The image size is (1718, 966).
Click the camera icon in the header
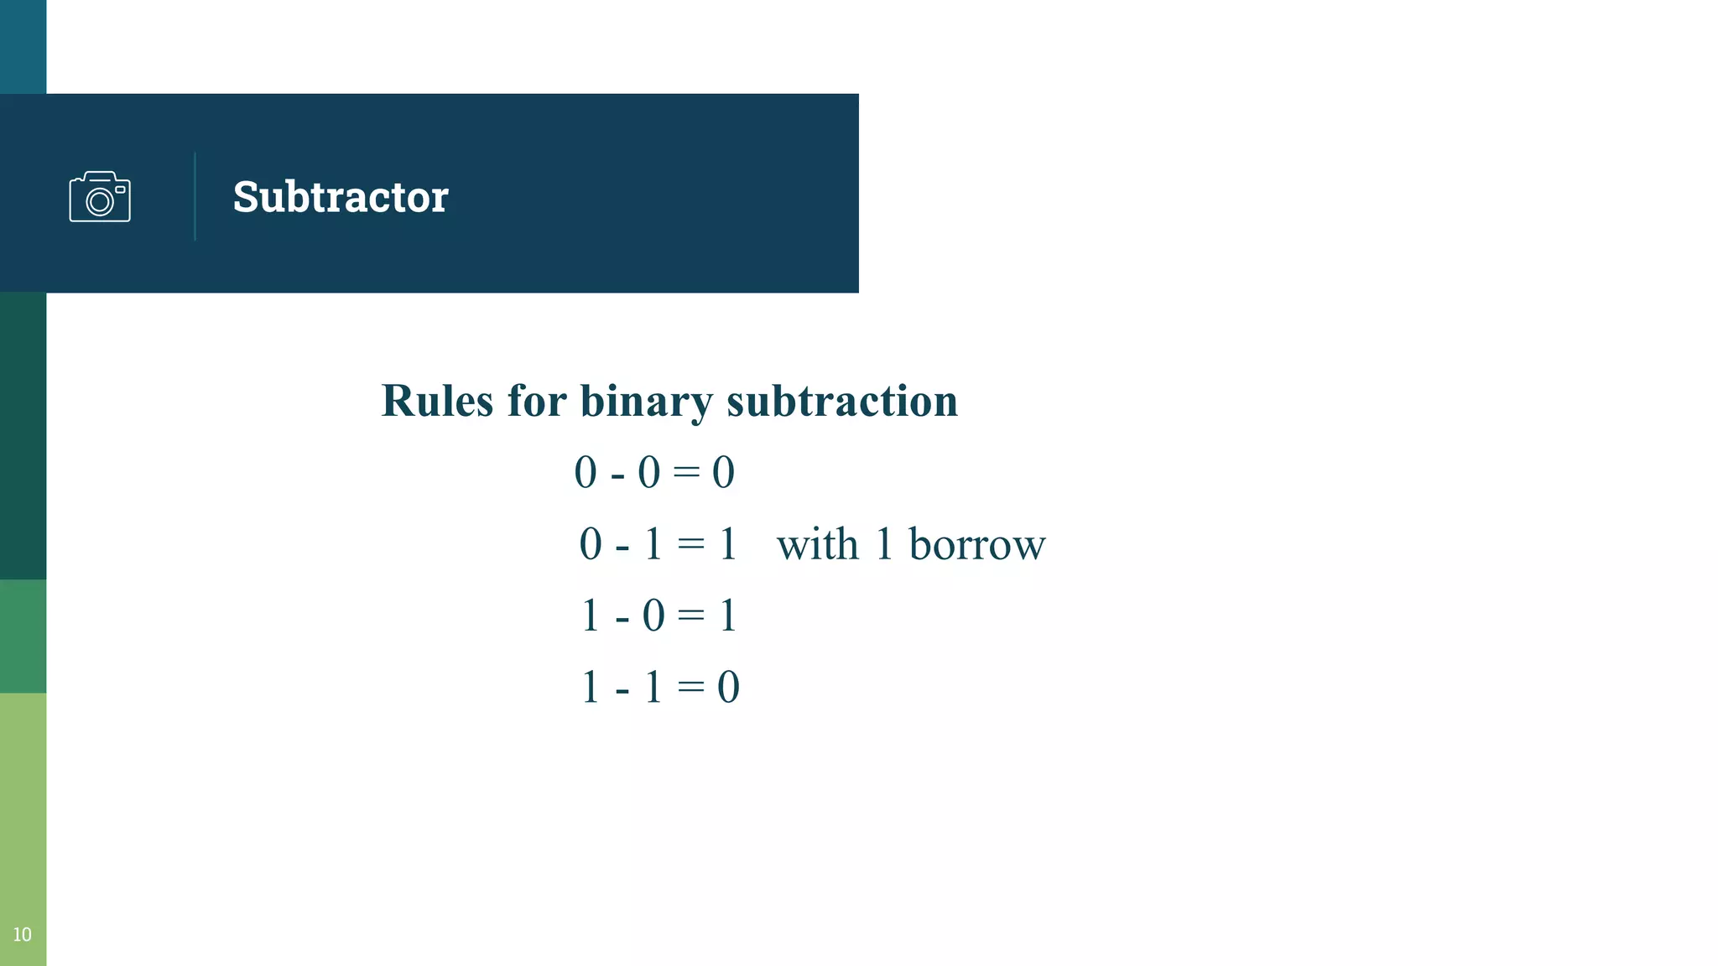click(x=100, y=197)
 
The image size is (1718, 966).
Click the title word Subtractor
click(x=341, y=197)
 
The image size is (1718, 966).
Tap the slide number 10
click(x=22, y=934)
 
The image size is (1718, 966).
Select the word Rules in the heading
click(x=437, y=401)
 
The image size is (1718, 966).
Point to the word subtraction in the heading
click(x=842, y=401)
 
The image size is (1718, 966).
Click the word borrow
click(x=977, y=544)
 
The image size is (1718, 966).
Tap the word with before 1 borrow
click(x=818, y=544)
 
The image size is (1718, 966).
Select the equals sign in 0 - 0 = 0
click(x=686, y=472)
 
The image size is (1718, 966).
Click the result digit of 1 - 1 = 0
click(x=728, y=688)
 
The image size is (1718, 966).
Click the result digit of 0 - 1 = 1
click(x=727, y=544)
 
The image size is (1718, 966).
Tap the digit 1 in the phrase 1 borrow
click(x=883, y=544)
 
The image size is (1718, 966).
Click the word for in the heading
click(x=537, y=401)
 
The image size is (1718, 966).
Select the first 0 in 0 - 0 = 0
click(x=586, y=472)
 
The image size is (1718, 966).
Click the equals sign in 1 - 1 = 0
click(x=690, y=688)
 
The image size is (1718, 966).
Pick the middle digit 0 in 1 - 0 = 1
click(x=653, y=616)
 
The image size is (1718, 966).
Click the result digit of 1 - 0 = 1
click(x=727, y=616)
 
